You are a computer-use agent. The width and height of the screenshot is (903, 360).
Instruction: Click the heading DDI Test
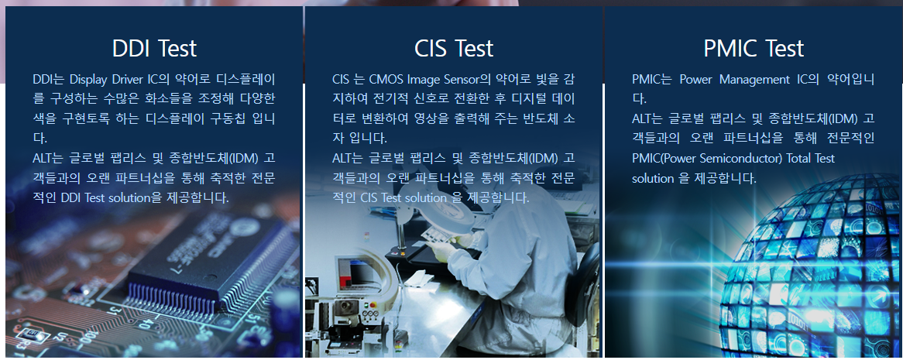[154, 49]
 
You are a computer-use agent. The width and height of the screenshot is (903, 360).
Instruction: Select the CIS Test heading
[454, 49]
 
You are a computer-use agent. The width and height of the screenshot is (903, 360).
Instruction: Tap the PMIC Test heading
[754, 49]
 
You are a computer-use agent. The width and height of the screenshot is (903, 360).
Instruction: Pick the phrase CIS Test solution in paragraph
[403, 197]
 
